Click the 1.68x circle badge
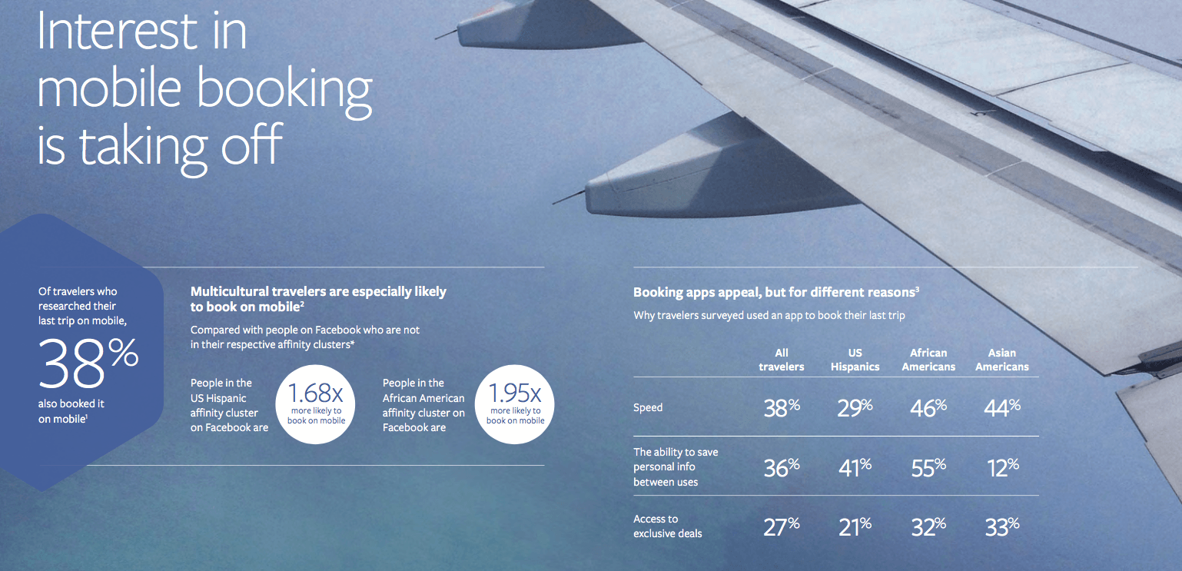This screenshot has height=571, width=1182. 315,404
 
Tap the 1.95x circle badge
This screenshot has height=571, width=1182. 514,404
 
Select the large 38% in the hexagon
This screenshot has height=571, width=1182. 88,363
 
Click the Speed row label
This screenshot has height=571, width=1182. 647,407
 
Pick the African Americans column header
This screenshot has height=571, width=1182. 928,360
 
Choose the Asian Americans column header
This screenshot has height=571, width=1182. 1001,360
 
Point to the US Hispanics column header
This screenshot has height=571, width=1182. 855,360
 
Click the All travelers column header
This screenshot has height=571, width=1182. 782,360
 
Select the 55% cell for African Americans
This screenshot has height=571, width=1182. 928,467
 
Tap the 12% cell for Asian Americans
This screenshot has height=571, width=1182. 1003,467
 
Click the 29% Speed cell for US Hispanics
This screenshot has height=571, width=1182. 855,407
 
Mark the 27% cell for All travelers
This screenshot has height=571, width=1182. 782,526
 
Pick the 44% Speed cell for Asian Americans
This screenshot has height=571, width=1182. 1002,407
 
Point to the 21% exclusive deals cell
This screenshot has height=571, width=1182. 855,526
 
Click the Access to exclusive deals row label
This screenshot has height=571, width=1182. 668,526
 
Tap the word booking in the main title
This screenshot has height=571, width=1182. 284,91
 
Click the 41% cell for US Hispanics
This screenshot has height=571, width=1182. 855,467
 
